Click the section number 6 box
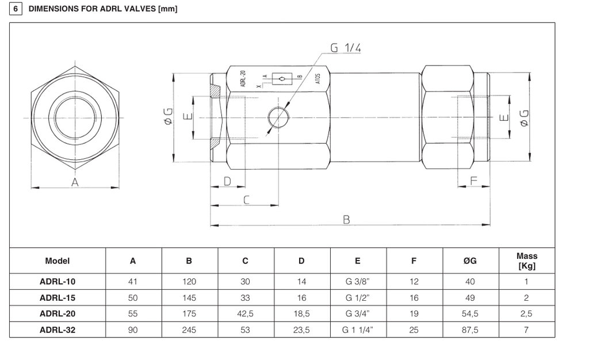point(16,9)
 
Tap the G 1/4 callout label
point(346,48)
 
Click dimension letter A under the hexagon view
point(75,182)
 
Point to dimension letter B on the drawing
point(346,220)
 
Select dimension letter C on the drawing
point(246,200)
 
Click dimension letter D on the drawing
point(227,181)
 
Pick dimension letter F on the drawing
point(474,181)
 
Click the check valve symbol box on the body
point(282,78)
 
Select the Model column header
point(58,261)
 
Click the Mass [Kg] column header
point(527,261)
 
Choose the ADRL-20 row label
point(58,313)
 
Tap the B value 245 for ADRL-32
point(189,330)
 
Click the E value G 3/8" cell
point(358,282)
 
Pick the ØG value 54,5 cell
point(470,313)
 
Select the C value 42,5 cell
point(245,313)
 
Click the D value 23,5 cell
point(301,330)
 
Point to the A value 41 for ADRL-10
point(133,282)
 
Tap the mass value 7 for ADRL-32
point(526,330)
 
